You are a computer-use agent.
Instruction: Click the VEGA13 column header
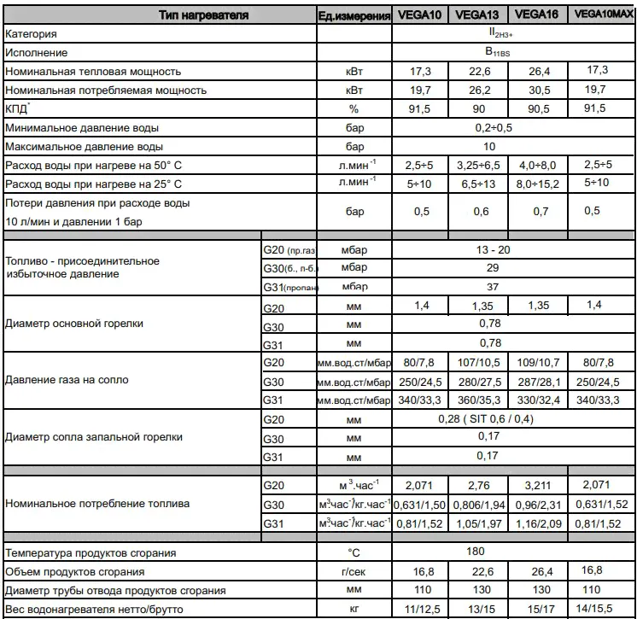(x=478, y=15)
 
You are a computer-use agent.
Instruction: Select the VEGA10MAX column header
(x=602, y=15)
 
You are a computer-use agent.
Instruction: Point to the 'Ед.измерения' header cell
(x=354, y=15)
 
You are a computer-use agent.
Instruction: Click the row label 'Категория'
(x=32, y=34)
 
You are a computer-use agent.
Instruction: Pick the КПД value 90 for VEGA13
(x=479, y=109)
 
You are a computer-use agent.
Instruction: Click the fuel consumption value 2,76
(x=478, y=486)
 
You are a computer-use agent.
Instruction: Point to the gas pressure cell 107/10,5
(x=478, y=363)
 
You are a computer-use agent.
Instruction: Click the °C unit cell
(x=354, y=553)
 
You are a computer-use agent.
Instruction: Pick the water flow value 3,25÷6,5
(x=478, y=165)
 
